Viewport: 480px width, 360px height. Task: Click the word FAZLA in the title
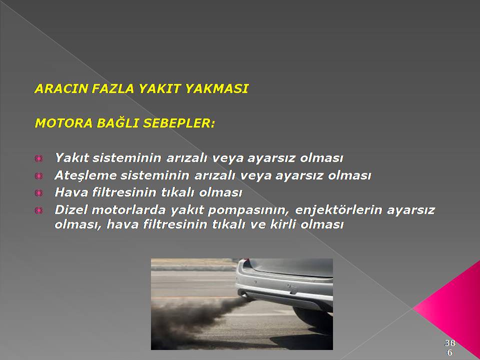(x=112, y=89)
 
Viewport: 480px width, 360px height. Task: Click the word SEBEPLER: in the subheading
(x=179, y=123)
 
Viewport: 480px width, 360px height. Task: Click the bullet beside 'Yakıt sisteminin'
(x=39, y=158)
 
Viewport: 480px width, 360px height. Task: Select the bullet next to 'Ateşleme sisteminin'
(x=39, y=175)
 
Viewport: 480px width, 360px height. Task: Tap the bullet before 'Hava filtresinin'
(x=39, y=193)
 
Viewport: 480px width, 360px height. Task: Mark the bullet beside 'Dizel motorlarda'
(x=39, y=210)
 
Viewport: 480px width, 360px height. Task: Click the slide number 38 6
(x=449, y=347)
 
